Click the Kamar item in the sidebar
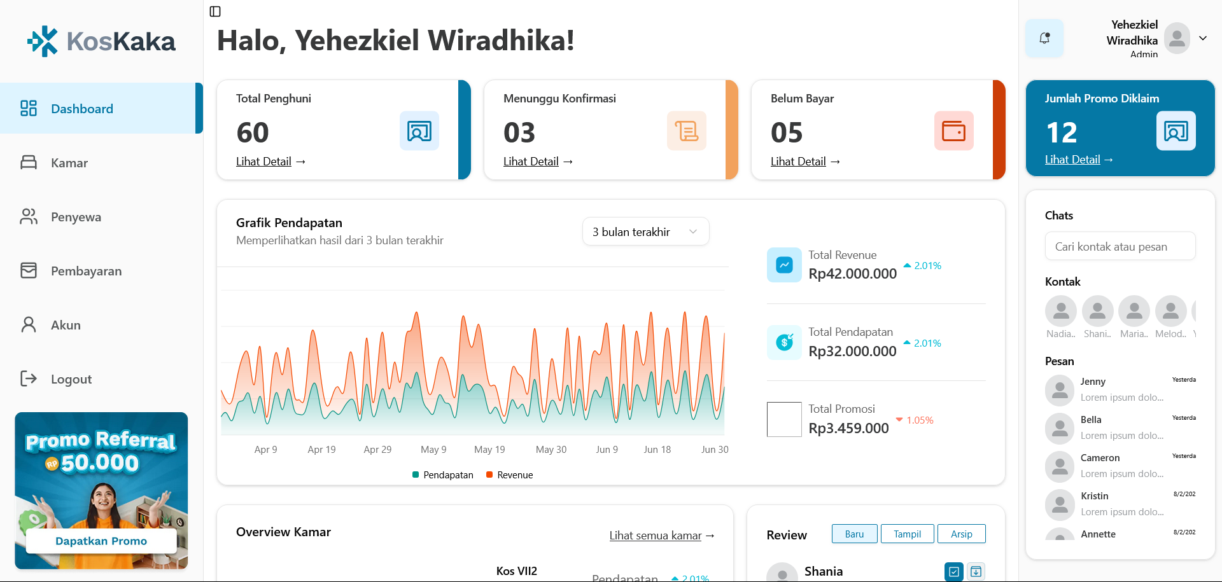69,163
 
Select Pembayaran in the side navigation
86,271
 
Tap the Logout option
71,379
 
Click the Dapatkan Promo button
101,541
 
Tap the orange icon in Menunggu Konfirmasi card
686,131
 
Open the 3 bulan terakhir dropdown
645,232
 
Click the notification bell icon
1044,38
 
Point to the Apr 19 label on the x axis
321,450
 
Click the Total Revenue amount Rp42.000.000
852,274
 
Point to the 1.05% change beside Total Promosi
920,420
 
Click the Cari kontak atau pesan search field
1120,247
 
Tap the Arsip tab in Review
961,534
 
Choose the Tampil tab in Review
907,534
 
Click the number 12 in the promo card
1062,133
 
